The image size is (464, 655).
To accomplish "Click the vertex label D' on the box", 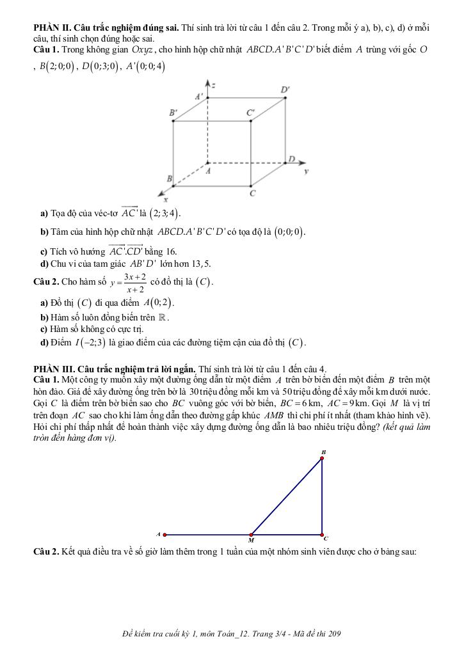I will coord(284,90).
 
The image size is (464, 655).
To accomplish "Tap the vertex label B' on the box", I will coord(173,112).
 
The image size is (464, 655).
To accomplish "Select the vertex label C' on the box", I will coord(251,112).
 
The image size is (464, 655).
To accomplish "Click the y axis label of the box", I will coord(306,171).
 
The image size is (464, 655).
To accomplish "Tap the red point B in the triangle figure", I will coord(322,458).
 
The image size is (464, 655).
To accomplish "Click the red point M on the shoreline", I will coord(251,534).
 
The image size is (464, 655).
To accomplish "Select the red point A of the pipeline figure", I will coord(164,534).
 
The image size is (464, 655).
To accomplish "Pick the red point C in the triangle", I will coord(322,534).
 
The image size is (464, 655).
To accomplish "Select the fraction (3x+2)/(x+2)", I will coord(135,283).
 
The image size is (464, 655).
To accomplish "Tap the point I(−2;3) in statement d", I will coord(90,343).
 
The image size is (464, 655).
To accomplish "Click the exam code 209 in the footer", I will coord(333,634).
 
